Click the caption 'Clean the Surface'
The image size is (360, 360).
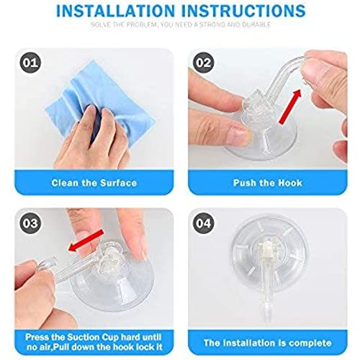click(x=94, y=183)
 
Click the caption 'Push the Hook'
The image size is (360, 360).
click(x=268, y=183)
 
